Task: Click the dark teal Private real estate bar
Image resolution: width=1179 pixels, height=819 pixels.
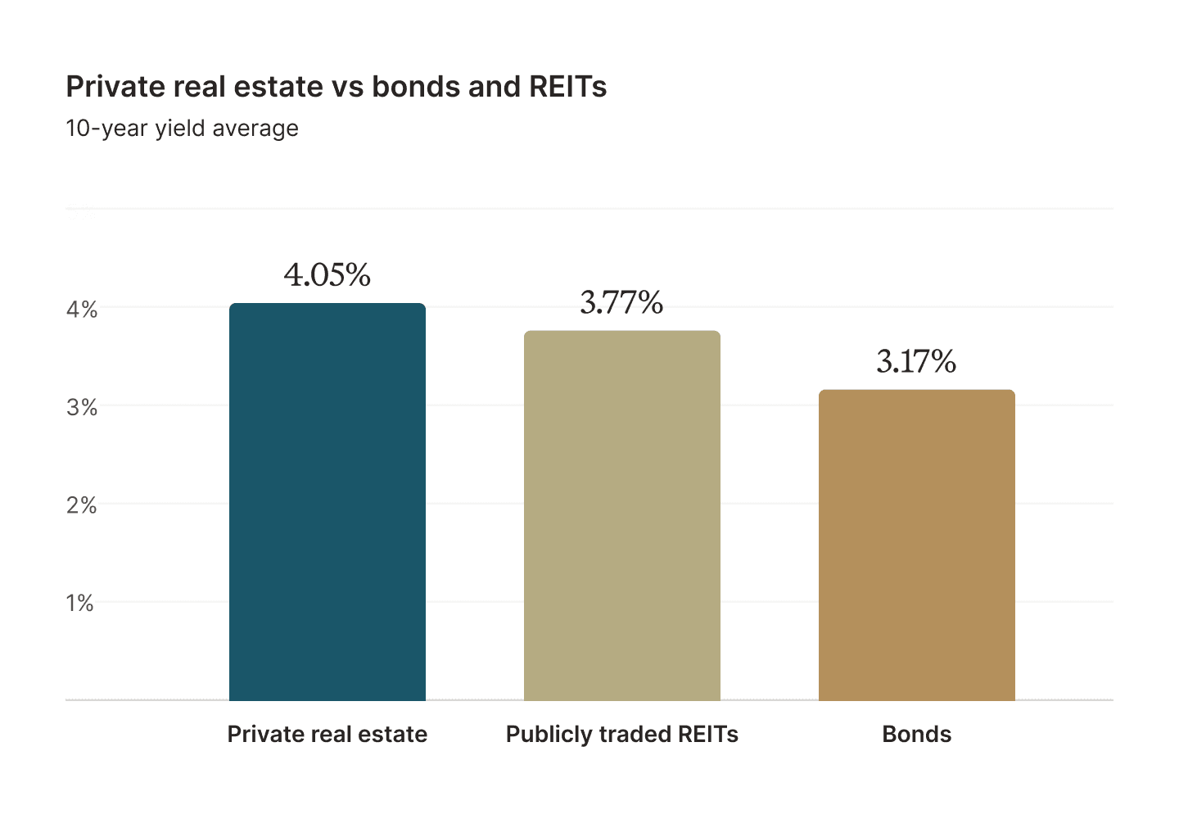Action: [x=327, y=502]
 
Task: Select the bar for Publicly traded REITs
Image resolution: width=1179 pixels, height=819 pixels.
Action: [x=622, y=516]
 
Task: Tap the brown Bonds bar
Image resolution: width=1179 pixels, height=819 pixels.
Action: [x=916, y=545]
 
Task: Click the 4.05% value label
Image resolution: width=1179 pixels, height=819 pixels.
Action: [x=327, y=275]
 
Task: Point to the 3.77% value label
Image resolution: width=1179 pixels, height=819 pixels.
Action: [x=621, y=303]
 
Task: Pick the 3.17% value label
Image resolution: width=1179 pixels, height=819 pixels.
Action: [x=916, y=361]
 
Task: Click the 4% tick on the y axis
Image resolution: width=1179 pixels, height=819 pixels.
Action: [x=82, y=310]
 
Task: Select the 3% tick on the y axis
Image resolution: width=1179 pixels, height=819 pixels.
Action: [x=82, y=408]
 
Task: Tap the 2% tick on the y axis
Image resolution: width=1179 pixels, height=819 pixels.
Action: [x=82, y=505]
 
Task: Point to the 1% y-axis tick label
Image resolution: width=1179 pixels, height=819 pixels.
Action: [x=80, y=604]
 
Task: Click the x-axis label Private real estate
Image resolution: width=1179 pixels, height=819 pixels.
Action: [x=327, y=734]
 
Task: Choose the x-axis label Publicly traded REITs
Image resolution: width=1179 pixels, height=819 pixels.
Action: [x=622, y=734]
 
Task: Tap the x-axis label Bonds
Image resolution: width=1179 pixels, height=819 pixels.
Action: [x=916, y=734]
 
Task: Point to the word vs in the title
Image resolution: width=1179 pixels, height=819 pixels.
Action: [x=347, y=87]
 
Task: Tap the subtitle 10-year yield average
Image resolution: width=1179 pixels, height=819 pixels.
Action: [x=182, y=129]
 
